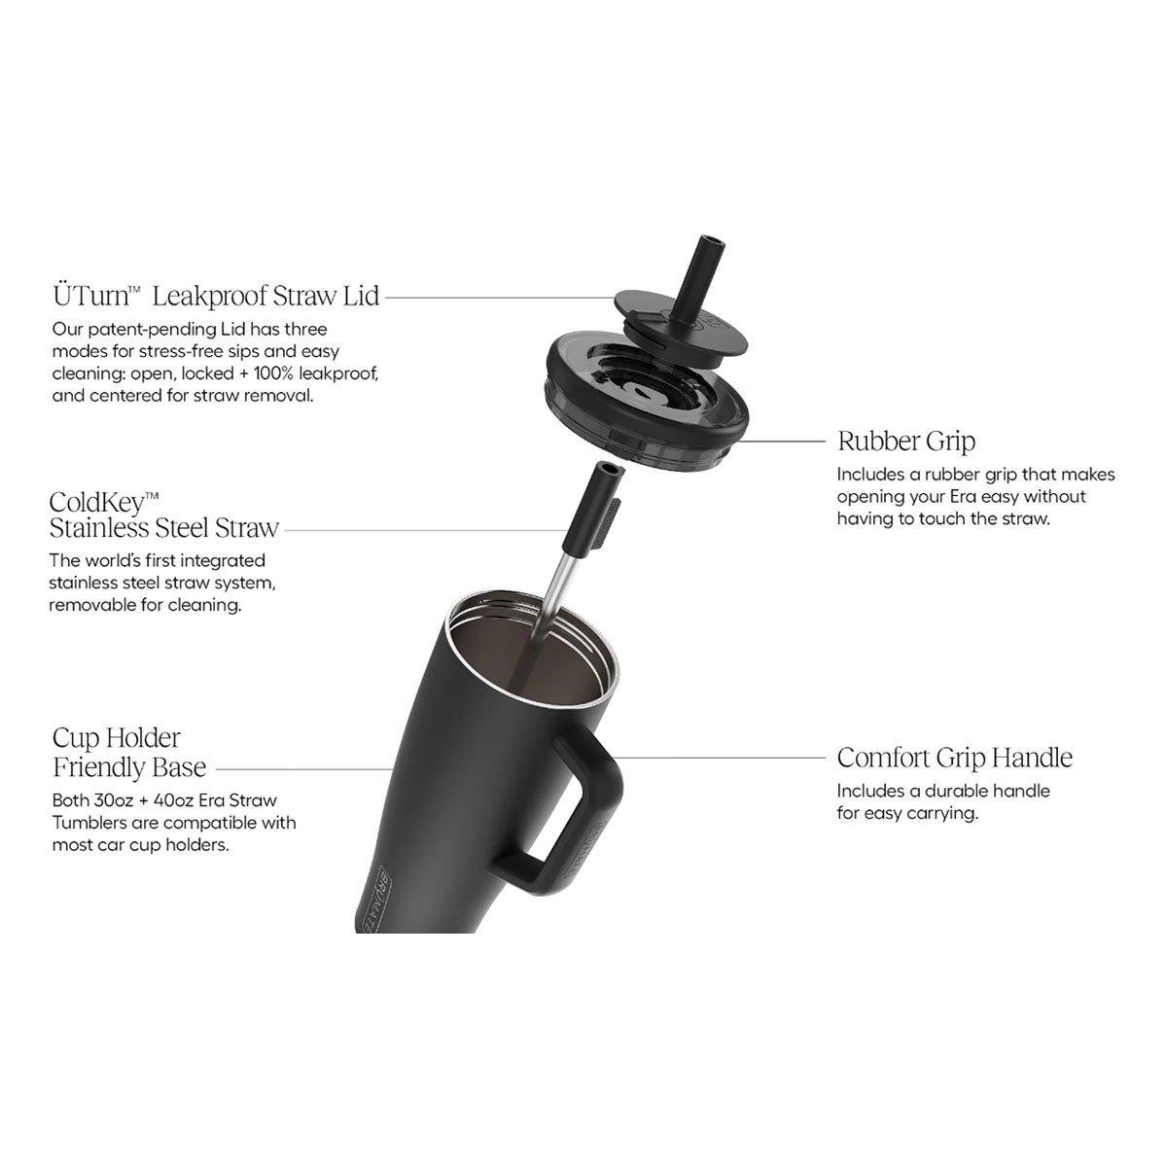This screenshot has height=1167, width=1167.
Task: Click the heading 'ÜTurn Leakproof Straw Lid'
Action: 216,297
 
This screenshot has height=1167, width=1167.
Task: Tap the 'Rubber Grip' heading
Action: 906,442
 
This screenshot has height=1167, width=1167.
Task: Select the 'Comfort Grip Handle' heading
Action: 955,758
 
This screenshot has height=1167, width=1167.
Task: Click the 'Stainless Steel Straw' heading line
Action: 164,528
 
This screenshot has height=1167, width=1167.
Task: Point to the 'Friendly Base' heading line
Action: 129,767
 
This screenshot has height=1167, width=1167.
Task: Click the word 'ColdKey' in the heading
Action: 97,502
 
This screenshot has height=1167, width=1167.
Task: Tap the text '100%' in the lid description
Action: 273,373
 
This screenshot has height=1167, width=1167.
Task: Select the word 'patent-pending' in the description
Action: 154,330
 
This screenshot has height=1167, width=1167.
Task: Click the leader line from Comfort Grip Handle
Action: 719,757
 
